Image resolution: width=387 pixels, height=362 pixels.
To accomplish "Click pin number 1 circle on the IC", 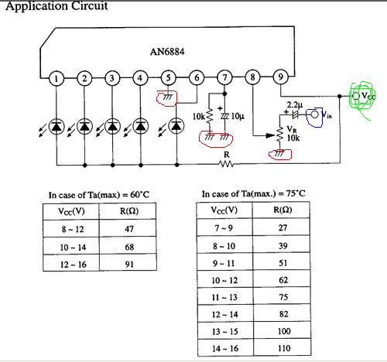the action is (x=57, y=78).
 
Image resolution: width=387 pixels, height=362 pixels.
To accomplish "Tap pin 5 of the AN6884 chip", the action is (x=168, y=78).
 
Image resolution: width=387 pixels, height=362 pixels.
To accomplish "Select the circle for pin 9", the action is (x=280, y=77).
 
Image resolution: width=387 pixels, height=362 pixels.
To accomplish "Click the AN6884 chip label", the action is (x=167, y=52).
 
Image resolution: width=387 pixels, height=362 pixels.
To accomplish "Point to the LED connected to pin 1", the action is (x=57, y=126).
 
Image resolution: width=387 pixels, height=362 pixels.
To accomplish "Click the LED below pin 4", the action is (x=140, y=126).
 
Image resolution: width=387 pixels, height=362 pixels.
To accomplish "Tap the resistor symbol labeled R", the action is (x=226, y=164).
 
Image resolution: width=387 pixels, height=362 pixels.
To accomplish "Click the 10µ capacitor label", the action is (x=238, y=116).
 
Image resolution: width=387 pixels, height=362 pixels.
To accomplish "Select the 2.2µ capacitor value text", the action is (x=295, y=105).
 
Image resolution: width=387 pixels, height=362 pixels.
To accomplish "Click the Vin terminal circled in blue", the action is (x=314, y=114).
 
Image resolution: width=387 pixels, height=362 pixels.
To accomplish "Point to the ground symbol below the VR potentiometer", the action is (x=279, y=154).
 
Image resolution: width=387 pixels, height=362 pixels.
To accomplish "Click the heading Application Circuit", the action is (x=57, y=6).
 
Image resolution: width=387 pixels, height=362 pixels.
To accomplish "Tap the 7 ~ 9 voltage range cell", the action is (x=224, y=227).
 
